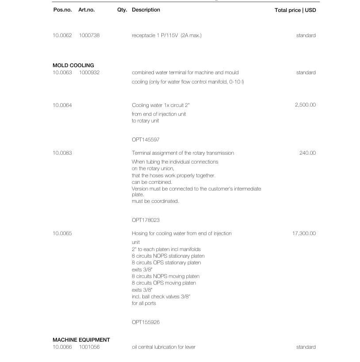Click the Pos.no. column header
(62, 10)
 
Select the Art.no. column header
(86, 10)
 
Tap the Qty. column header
(122, 10)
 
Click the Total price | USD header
(295, 10)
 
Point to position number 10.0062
(62, 35)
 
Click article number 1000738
(89, 35)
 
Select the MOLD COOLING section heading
(73, 65)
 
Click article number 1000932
(89, 72)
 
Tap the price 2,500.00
(305, 105)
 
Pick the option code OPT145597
(146, 140)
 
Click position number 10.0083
(62, 153)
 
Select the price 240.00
(307, 153)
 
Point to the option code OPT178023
(146, 220)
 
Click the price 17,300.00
(304, 233)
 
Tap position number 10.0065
(62, 233)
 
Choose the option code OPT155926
(146, 322)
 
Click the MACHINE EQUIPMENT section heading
(81, 340)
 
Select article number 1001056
(89, 347)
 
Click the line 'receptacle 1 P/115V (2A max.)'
(166, 35)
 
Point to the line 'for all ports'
(144, 303)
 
